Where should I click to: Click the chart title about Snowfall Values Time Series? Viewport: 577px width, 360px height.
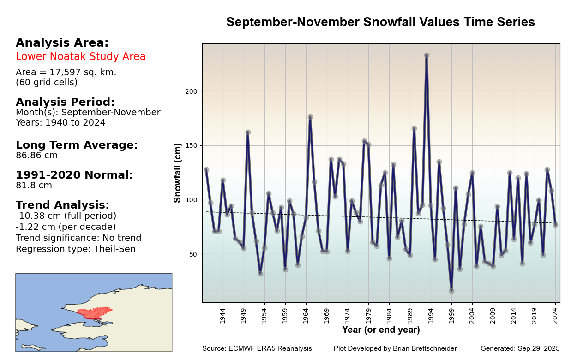[x=380, y=22]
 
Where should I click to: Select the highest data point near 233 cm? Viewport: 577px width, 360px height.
[x=427, y=55]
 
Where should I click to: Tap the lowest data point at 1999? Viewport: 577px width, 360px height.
[x=451, y=291]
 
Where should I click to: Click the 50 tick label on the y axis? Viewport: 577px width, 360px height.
[x=193, y=254]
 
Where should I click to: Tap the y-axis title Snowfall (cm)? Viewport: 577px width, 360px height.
[x=178, y=173]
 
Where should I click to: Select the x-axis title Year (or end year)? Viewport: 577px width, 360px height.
[x=381, y=330]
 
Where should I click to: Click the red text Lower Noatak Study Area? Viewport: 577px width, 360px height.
[x=81, y=57]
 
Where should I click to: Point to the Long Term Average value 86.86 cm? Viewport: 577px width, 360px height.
[x=37, y=156]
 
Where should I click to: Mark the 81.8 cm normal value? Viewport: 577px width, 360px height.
[x=34, y=186]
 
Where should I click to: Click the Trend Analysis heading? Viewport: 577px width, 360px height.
[x=62, y=205]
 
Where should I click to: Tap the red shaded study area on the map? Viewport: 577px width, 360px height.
[x=95, y=312]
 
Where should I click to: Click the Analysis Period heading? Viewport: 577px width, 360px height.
[x=65, y=102]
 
